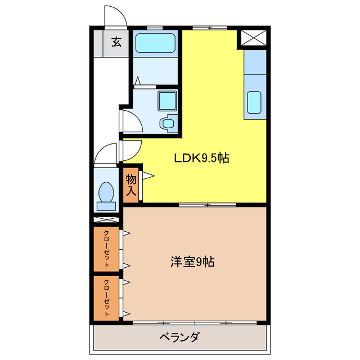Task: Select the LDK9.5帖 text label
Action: pyautogui.click(x=200, y=158)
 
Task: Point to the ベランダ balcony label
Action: pyautogui.click(x=179, y=338)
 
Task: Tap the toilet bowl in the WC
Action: pyautogui.click(x=106, y=193)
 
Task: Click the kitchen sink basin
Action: pyautogui.click(x=255, y=103)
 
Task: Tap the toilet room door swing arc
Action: pyautogui.click(x=106, y=152)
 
